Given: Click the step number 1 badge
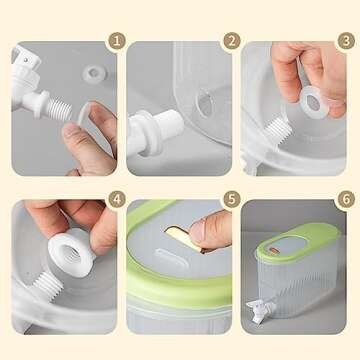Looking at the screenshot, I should pyautogui.click(x=118, y=42).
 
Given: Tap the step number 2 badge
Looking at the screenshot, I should pyautogui.click(x=232, y=42).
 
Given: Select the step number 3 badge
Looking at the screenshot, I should pyautogui.click(x=346, y=42).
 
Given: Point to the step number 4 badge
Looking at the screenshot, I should pyautogui.click(x=118, y=200).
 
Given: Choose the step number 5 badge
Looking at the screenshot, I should pyautogui.click(x=232, y=200).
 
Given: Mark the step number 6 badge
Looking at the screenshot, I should pyautogui.click(x=346, y=200).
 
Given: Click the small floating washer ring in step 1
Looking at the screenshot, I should pyautogui.click(x=95, y=71).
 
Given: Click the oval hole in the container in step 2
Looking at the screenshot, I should pyautogui.click(x=204, y=104).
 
